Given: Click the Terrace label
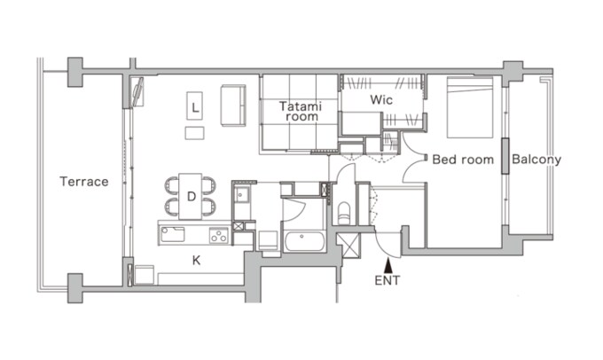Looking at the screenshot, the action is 84,182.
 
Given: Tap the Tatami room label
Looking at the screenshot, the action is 301,111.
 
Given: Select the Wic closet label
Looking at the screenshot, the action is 381,100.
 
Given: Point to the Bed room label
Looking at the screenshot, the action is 463,160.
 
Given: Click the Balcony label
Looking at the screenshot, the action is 536,160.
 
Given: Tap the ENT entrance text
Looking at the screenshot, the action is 388,281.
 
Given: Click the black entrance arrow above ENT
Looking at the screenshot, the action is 388,266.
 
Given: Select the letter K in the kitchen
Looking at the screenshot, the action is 196,261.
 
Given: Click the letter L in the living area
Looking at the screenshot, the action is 195,107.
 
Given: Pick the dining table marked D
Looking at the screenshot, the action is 191,197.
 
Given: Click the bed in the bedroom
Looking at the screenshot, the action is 470,107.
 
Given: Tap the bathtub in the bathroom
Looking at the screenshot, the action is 304,241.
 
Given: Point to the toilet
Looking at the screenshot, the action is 343,213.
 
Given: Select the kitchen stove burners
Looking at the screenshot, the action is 219,235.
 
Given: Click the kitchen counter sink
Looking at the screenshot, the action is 173,235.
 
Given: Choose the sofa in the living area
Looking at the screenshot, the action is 233,106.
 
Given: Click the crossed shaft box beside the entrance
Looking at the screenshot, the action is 348,245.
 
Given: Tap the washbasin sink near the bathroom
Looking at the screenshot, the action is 242,195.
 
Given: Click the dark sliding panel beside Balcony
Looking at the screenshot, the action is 505,156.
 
